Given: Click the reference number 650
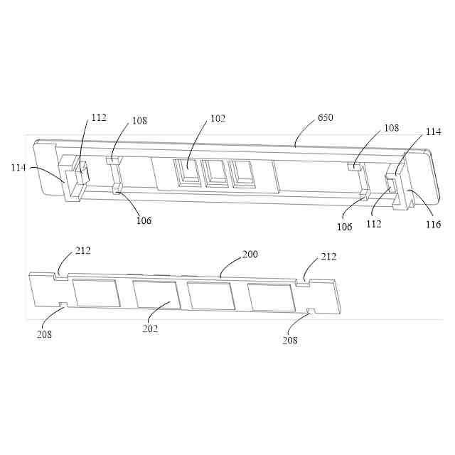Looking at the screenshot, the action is click(x=326, y=117).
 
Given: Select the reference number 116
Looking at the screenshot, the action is click(x=433, y=225).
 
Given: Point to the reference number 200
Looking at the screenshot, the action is click(x=250, y=255).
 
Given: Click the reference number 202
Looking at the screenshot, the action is click(x=150, y=328).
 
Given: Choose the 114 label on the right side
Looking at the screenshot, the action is click(x=434, y=132).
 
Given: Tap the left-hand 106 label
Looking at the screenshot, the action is click(x=144, y=220).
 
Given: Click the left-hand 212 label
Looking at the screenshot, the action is click(x=83, y=251).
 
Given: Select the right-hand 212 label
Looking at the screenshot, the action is click(x=328, y=257).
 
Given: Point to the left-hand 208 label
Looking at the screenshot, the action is click(x=45, y=333).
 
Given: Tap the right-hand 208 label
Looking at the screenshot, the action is click(x=289, y=340).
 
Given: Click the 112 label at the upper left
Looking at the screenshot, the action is click(x=99, y=117).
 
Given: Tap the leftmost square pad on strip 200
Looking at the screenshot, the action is click(x=97, y=293).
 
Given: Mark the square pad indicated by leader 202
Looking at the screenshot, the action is click(x=156, y=294).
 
